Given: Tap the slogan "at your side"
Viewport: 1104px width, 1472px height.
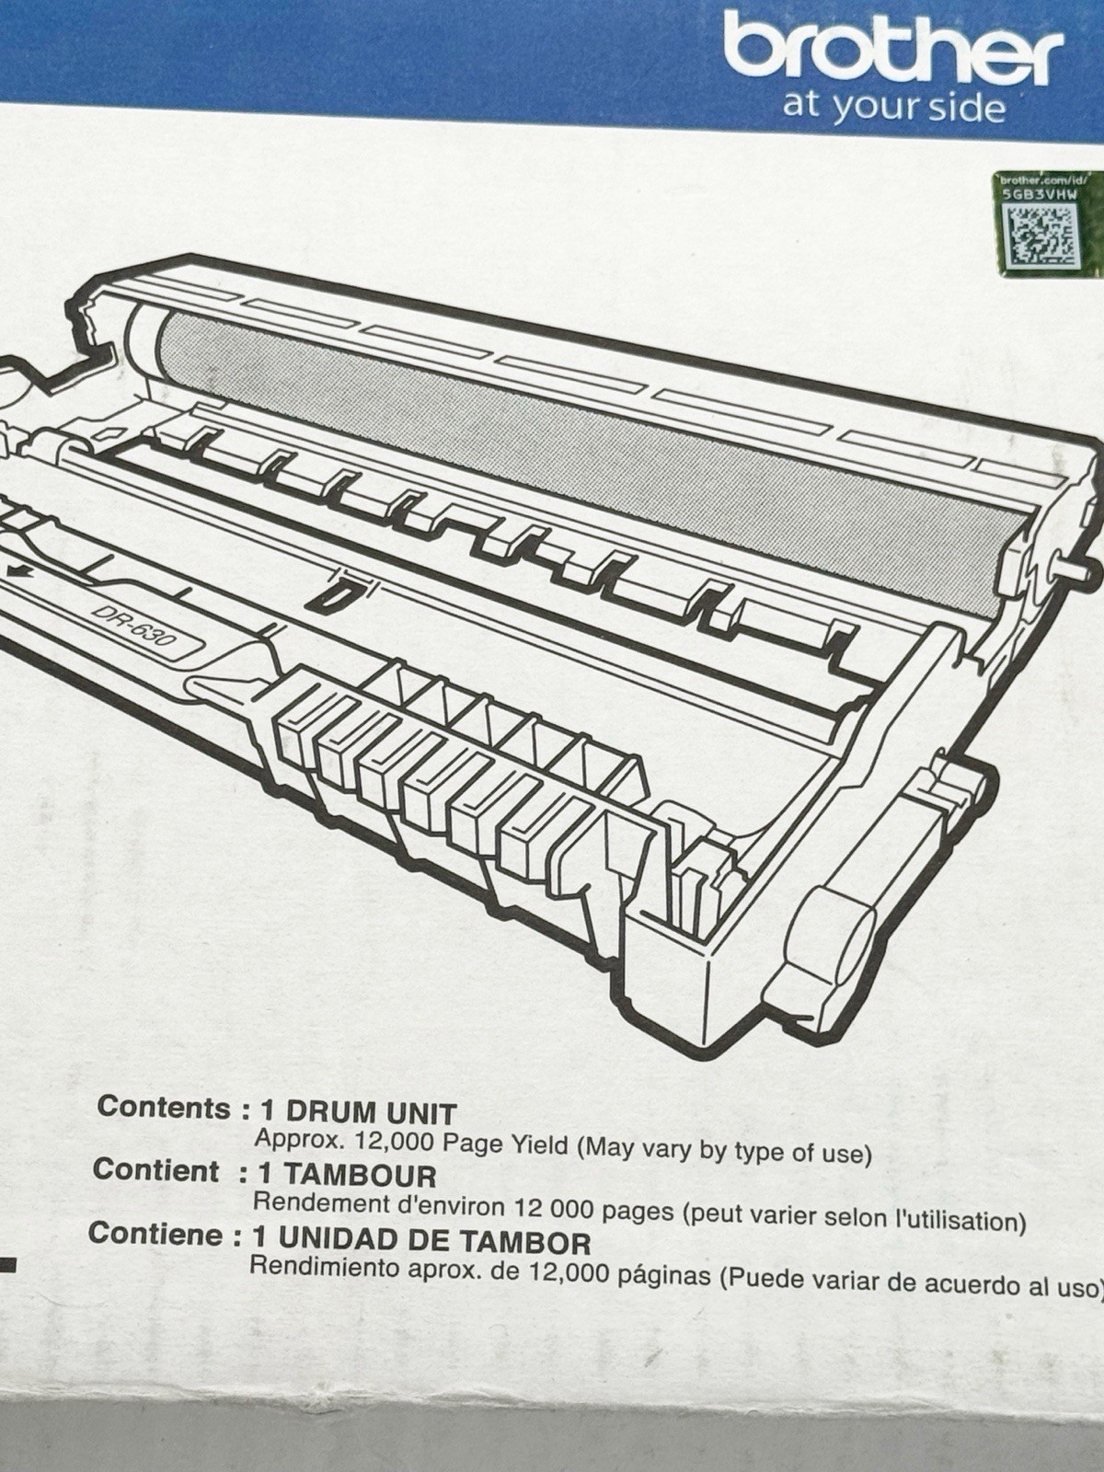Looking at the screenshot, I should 893,108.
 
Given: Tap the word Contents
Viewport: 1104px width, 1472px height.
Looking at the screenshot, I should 165,1107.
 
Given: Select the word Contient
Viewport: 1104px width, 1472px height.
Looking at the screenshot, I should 155,1170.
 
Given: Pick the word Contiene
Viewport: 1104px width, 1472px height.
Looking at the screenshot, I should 155,1234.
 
